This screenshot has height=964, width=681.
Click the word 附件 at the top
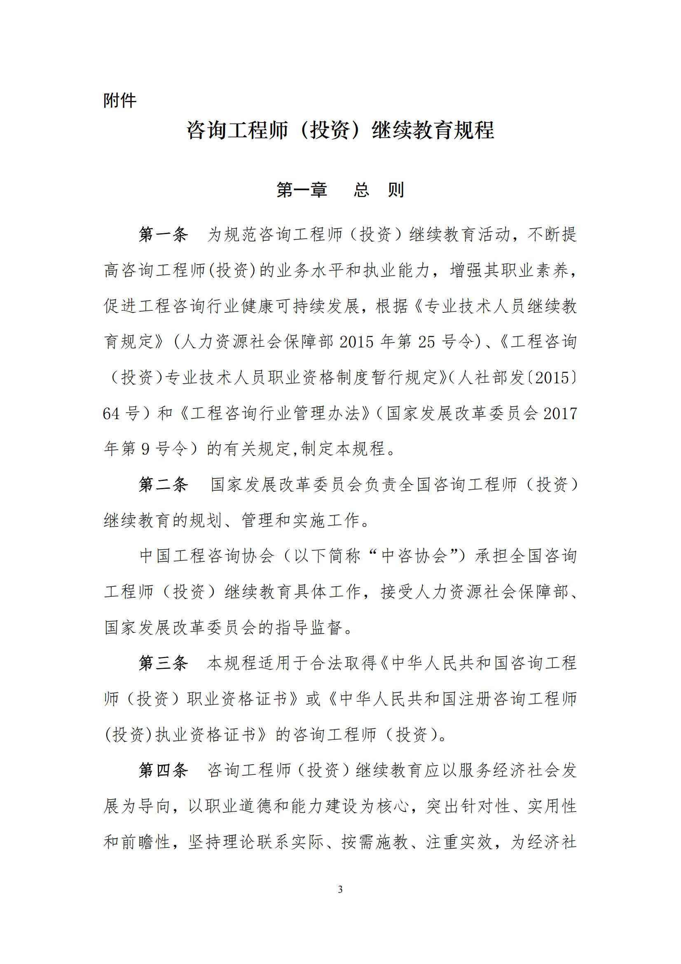[x=120, y=101]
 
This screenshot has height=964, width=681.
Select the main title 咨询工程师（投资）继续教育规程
[x=340, y=130]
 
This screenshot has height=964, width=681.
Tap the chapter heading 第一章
[x=302, y=190]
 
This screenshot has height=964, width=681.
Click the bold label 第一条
[x=164, y=235]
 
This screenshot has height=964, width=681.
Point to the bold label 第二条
[x=164, y=485]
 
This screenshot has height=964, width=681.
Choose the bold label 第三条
[x=164, y=664]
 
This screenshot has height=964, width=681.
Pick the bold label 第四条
[x=164, y=770]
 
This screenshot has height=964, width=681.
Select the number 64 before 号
[x=112, y=413]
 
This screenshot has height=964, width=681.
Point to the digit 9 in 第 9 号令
[x=145, y=450]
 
